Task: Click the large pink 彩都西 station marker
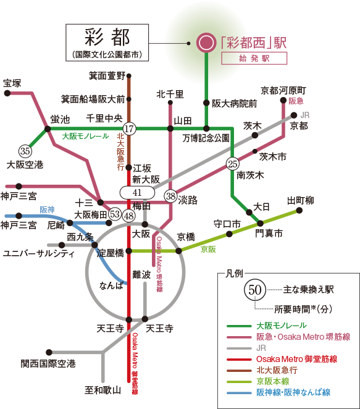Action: tap(206, 43)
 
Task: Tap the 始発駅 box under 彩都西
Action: tap(254, 58)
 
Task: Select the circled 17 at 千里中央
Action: tap(129, 129)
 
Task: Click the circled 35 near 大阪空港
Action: tap(25, 151)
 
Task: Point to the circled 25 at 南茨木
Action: tap(233, 164)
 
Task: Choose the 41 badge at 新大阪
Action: tap(137, 193)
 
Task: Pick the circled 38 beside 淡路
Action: tap(171, 196)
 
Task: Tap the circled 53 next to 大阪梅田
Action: tap(115, 214)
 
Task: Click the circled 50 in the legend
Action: tap(254, 290)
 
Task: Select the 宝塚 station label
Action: tap(12, 83)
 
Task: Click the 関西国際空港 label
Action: tap(48, 364)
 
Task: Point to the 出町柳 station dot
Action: tap(299, 210)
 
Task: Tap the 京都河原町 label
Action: tap(283, 91)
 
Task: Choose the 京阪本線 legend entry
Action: tap(273, 381)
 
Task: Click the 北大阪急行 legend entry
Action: tap(277, 370)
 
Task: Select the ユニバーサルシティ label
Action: tap(38, 253)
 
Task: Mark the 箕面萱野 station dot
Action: tap(129, 76)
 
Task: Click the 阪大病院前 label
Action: tap(235, 104)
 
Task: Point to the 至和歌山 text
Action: tap(103, 390)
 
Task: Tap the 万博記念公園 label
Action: tap(206, 138)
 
